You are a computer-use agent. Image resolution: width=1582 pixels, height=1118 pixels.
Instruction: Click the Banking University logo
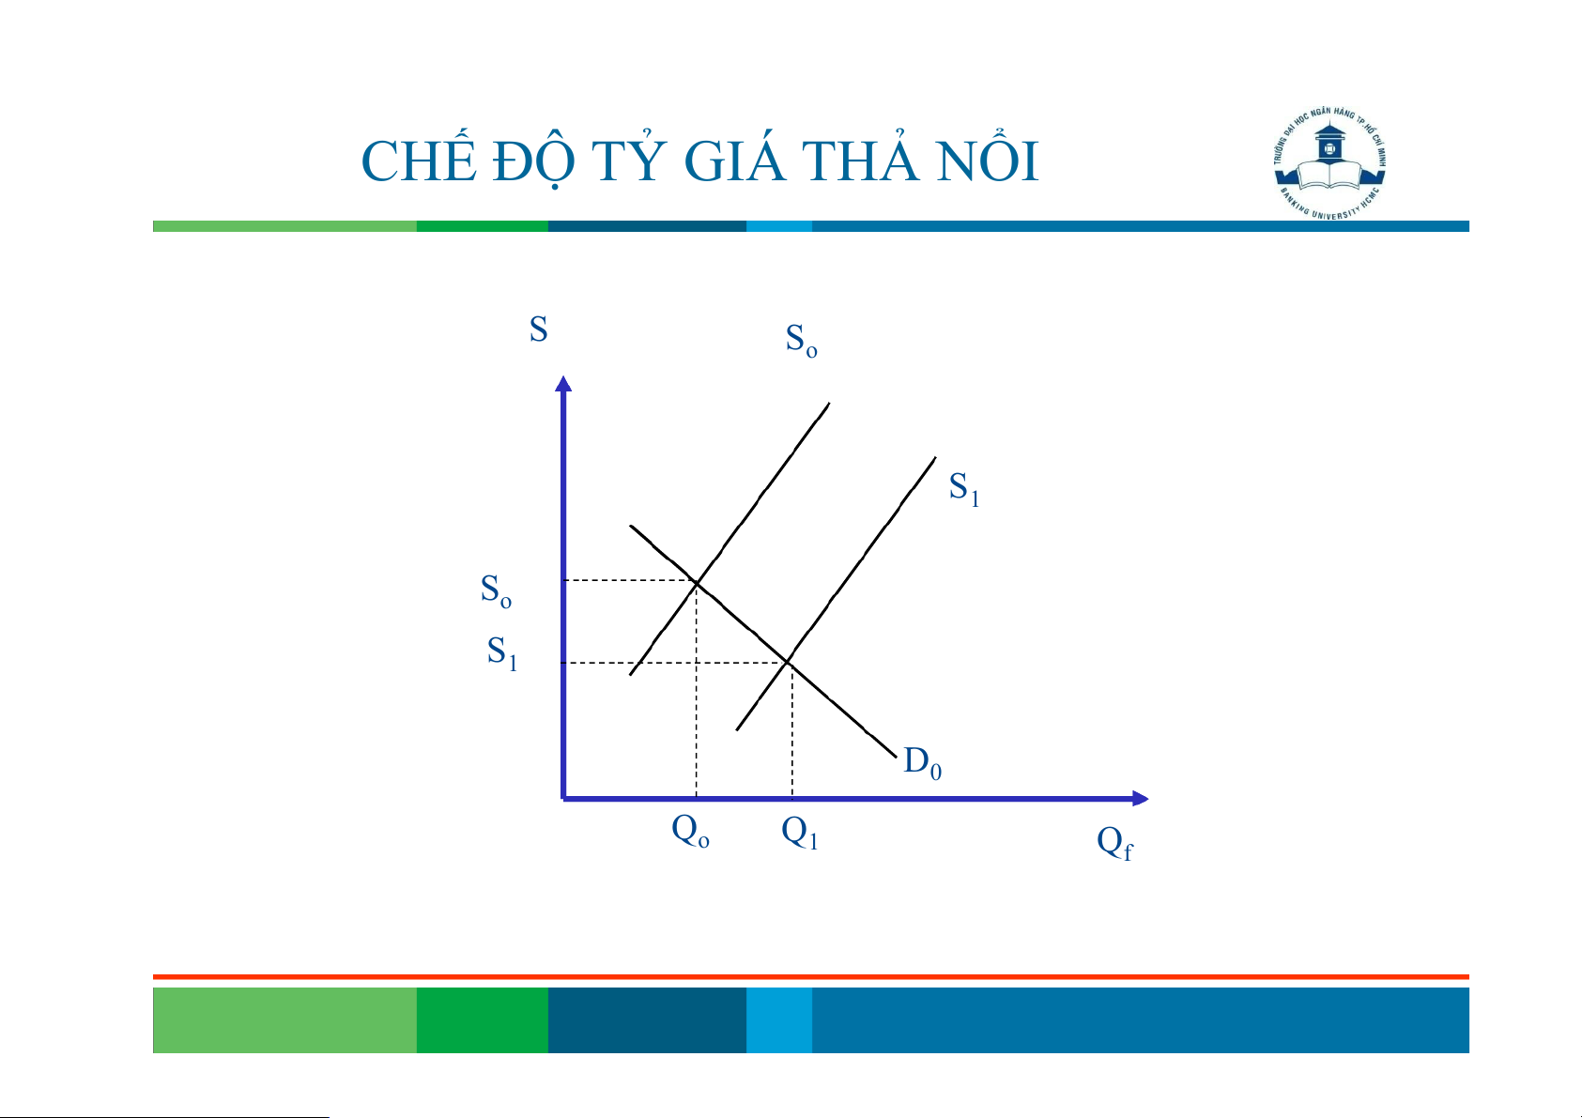click(1329, 163)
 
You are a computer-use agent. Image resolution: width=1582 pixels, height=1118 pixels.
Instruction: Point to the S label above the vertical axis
click(538, 329)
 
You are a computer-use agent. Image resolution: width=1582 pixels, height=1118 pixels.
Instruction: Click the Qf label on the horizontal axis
click(1114, 843)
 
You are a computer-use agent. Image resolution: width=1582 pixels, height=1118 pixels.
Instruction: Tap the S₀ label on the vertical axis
click(496, 590)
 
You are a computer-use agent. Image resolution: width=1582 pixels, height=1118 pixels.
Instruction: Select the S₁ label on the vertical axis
click(502, 652)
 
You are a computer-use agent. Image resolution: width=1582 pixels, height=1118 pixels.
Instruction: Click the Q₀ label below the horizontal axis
click(690, 831)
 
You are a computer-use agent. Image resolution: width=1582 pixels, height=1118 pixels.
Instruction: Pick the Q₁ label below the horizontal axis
click(800, 832)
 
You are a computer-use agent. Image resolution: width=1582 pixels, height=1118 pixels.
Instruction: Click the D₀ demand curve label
click(922, 763)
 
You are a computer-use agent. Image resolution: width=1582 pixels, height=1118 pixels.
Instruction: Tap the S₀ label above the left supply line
click(802, 341)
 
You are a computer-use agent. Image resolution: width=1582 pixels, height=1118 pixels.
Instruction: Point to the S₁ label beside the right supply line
click(963, 489)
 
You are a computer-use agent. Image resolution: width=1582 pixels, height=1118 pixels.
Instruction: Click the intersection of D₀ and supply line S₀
click(697, 583)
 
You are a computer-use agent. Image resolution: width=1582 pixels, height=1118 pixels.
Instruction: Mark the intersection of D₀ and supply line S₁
click(788, 662)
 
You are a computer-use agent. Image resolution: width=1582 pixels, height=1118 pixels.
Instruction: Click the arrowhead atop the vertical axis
click(563, 384)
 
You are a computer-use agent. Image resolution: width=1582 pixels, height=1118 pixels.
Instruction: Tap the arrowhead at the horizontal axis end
click(1140, 798)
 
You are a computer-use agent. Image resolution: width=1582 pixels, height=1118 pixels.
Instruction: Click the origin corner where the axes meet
click(563, 798)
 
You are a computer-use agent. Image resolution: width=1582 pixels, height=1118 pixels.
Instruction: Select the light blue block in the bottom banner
click(779, 1019)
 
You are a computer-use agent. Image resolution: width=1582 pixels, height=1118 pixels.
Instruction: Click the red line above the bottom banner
click(811, 977)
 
